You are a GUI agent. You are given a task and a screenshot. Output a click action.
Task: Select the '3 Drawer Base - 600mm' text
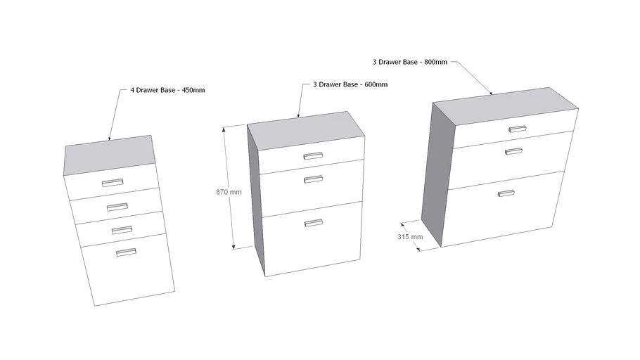pos(350,85)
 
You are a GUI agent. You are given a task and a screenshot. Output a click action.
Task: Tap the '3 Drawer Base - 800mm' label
pos(409,63)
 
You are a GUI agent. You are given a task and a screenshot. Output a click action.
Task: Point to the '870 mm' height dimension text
pos(229,192)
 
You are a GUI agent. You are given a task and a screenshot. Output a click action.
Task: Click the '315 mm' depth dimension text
pos(411,237)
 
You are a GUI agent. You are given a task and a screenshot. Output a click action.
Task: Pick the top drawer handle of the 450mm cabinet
pos(112,183)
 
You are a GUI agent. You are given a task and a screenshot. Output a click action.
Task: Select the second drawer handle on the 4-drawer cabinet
pos(117,206)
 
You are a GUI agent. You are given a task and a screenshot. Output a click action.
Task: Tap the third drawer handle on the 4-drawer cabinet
pos(122,229)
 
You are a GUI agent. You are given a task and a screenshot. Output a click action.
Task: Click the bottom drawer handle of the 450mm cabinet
pos(127,252)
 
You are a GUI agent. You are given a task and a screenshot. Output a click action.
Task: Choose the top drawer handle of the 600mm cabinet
pos(313,155)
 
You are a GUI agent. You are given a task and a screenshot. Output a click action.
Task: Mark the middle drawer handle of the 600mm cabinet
pos(314,179)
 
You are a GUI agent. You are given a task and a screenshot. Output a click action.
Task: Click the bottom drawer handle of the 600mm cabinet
pos(314,223)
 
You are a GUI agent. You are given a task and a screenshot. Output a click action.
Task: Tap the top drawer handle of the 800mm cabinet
pos(518,129)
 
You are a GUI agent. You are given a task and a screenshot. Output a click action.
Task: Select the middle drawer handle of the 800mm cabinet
pos(514,150)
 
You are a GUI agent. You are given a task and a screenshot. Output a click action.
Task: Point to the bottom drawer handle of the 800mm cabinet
pos(506,193)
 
